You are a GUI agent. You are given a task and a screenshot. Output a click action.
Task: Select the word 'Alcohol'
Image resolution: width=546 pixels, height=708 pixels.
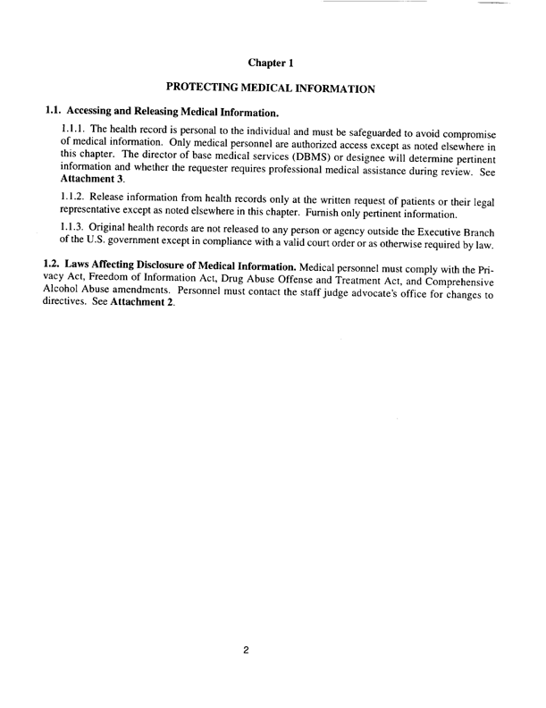[x=63, y=291]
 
